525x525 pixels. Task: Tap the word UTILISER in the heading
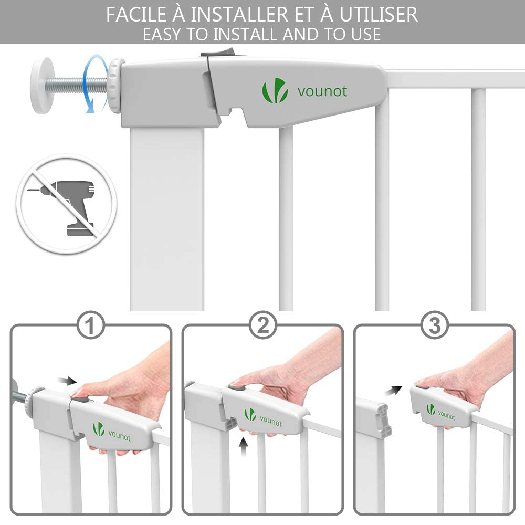(379, 15)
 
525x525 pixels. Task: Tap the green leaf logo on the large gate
(275, 90)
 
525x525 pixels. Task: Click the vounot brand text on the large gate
(322, 91)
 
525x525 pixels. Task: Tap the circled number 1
(90, 325)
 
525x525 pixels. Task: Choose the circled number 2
(263, 325)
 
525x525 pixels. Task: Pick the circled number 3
(434, 325)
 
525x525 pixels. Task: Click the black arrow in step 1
(67, 381)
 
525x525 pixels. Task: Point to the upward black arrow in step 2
(244, 447)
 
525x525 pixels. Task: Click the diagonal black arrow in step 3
(393, 391)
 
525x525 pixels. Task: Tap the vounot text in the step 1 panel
(120, 436)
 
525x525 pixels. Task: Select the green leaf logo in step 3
(430, 409)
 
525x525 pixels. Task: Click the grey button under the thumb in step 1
(80, 401)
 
